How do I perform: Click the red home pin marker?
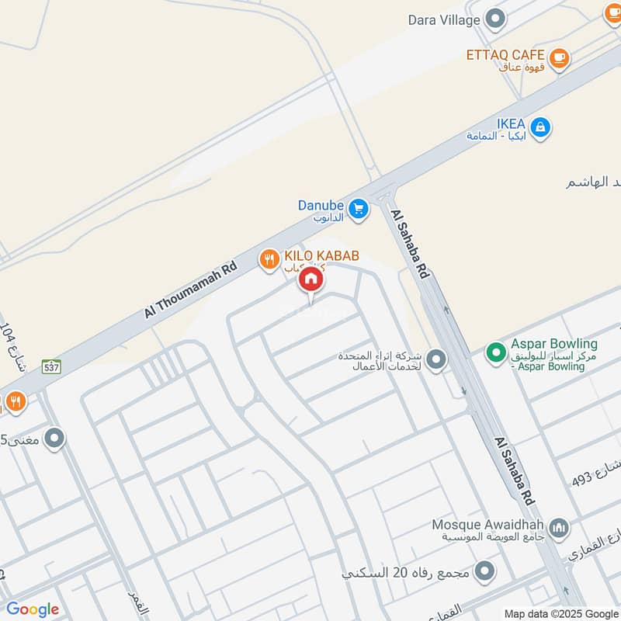pyautogui.click(x=310, y=279)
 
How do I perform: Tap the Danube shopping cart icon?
pyautogui.click(x=358, y=209)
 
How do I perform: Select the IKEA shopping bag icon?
pyautogui.click(x=540, y=126)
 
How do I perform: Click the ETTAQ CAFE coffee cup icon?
pyautogui.click(x=558, y=57)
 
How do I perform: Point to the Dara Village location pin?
pyautogui.click(x=495, y=19)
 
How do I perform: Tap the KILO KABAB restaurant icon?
pyautogui.click(x=269, y=259)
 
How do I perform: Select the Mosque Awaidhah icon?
pyautogui.click(x=558, y=529)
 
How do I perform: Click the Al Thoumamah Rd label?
pyautogui.click(x=190, y=289)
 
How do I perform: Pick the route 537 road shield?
pyautogui.click(x=51, y=366)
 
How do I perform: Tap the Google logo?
pyautogui.click(x=33, y=609)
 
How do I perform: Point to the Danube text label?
pyautogui.click(x=321, y=206)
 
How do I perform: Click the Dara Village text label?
pyautogui.click(x=444, y=20)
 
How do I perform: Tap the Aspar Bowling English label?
pyautogui.click(x=554, y=343)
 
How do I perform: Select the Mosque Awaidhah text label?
pyautogui.click(x=489, y=524)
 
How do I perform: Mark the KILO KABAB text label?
pyautogui.click(x=321, y=255)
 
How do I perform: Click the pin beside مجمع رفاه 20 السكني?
pyautogui.click(x=486, y=573)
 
